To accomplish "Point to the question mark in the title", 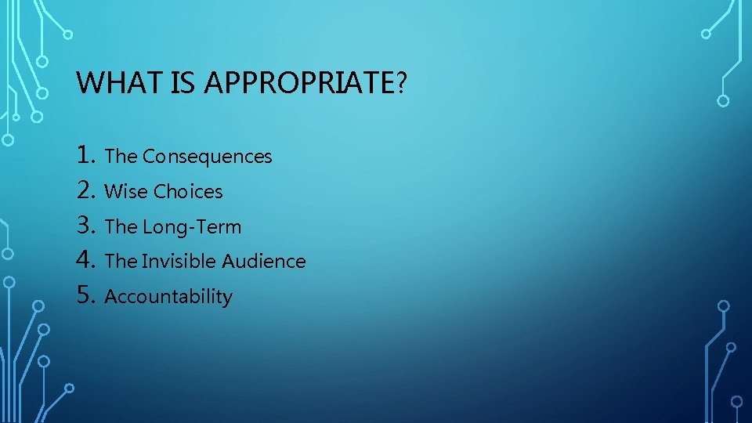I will coord(402,82).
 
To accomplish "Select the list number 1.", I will coord(87,155).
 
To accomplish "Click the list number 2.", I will coord(87,190).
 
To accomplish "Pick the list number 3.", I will coord(87,226).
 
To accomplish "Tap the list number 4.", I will coord(87,260).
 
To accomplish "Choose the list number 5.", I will coord(87,295).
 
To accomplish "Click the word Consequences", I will coord(208,157).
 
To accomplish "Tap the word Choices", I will coord(188,192).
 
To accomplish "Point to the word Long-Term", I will coord(192,227).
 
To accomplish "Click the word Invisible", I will coord(180,262).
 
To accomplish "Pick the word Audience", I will coord(264,262).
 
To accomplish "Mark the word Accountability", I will coord(168,297).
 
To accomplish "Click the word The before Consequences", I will coord(121,157).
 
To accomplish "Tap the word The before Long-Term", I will coord(121,227).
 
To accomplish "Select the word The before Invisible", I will coord(121,262).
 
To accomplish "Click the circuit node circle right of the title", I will coord(723,100).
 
